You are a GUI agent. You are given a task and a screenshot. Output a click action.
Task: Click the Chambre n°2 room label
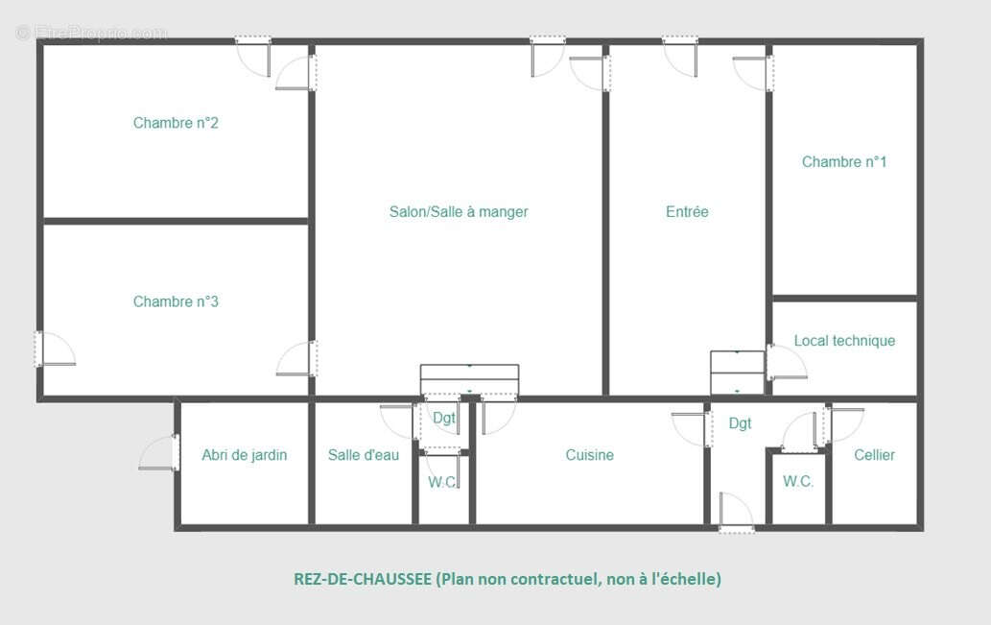point(176,123)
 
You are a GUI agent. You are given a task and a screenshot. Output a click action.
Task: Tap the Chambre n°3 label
point(176,301)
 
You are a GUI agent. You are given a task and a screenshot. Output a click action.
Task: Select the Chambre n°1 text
point(844,161)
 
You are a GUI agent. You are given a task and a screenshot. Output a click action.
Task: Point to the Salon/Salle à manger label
point(459,211)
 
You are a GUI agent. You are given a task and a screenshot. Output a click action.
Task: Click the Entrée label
point(687,211)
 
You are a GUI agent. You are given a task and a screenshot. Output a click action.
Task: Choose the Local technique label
point(844,341)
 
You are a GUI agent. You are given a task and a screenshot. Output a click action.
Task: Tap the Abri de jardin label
point(244,455)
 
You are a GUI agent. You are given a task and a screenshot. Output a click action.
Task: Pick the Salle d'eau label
point(363,455)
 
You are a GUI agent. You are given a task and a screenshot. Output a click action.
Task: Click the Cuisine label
point(589,455)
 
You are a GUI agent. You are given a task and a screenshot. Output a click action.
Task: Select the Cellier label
point(874,455)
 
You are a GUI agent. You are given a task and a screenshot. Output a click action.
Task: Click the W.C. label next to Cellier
point(798,482)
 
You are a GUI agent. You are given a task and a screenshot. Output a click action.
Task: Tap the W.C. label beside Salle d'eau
point(442,482)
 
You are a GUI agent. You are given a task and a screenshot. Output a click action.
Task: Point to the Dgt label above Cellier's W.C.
point(740,423)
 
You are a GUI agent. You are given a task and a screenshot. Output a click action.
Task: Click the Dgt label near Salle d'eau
point(443,418)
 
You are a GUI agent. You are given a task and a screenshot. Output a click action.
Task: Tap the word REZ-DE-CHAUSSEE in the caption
point(362,579)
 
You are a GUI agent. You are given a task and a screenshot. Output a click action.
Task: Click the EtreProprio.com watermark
point(92,34)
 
